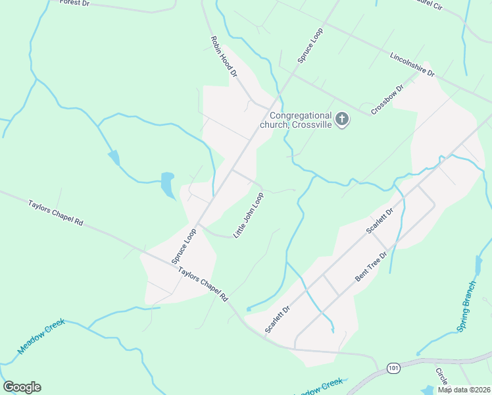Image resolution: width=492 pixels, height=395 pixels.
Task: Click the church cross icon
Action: pos(341,119)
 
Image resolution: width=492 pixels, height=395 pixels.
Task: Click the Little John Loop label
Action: pos(249,215)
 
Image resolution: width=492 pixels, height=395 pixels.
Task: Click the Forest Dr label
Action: pos(74,3)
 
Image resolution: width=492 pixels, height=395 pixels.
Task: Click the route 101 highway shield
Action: pos(393,367)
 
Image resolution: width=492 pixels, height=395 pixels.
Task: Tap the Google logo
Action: pos(22,387)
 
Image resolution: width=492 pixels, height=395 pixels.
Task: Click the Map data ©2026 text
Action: pos(463,390)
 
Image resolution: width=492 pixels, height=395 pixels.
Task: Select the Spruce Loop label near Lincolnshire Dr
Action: pos(310,45)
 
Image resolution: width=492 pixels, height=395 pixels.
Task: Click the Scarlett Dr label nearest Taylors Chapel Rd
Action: pos(278,320)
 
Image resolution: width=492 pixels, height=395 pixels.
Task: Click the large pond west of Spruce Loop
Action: pos(168,185)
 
